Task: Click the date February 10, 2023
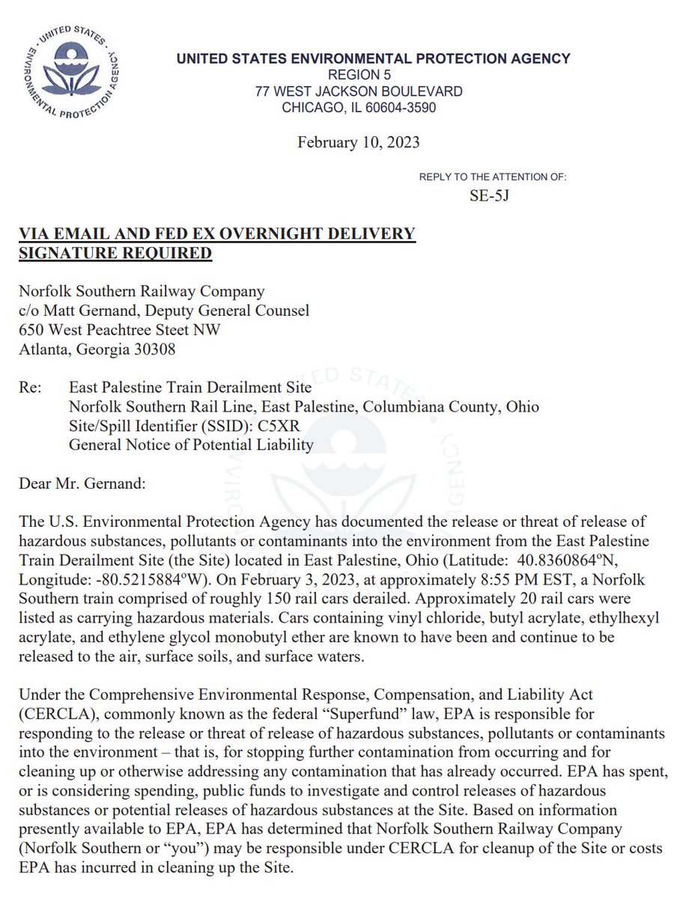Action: tap(358, 141)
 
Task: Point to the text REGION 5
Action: tap(359, 75)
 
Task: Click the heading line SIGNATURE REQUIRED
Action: tap(115, 254)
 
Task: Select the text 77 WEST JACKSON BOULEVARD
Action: tap(358, 91)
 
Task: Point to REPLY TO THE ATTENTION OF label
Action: tap(493, 177)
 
